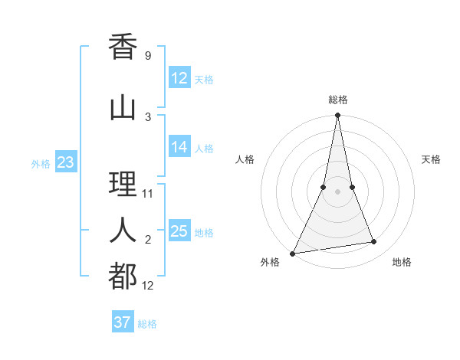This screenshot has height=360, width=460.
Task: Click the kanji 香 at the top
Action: coord(123,47)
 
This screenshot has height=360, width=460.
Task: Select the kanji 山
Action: coord(123,107)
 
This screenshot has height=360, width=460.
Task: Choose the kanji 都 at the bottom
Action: coord(123,276)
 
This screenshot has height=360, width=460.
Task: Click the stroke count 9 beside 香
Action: coord(148,56)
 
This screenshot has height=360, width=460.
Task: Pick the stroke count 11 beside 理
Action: coord(148,193)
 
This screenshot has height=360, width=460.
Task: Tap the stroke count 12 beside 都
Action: coord(148,286)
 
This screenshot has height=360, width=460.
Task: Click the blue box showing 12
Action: coord(179,78)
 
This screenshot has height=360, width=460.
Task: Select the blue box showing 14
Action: coord(179,147)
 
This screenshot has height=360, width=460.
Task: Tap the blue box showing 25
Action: coord(179,231)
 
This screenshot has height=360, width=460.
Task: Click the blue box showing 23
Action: coord(65,162)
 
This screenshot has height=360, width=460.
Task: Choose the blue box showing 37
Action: coord(123,322)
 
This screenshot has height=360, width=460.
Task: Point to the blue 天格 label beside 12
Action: coord(204,80)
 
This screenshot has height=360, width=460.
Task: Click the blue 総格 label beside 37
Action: coord(147,324)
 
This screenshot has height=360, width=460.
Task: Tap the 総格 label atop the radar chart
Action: coord(338,100)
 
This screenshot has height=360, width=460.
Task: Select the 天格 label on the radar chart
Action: coord(432,159)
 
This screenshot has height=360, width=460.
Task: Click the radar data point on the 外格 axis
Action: coord(292,254)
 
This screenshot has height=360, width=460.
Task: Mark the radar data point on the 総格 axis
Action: coord(338,115)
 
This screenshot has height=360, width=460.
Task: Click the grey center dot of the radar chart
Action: coord(338,191)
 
